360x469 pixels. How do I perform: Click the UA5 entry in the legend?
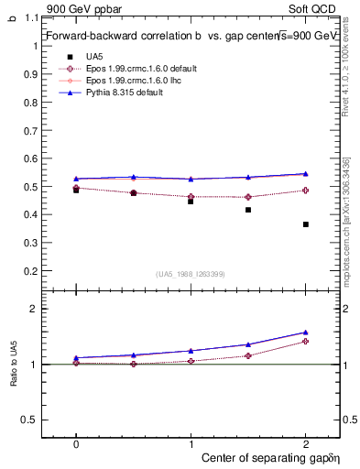coord(94,56)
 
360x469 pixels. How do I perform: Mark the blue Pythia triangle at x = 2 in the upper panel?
coord(305,174)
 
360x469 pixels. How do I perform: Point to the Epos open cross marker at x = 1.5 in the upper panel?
coord(248,197)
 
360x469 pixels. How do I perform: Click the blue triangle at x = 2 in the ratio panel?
coord(305,333)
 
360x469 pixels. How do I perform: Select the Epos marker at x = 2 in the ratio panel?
coord(305,341)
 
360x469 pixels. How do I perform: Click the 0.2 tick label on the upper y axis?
coord(31,271)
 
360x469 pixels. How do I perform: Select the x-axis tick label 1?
coord(191,442)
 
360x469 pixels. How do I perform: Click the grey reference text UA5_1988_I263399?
coord(191,275)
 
